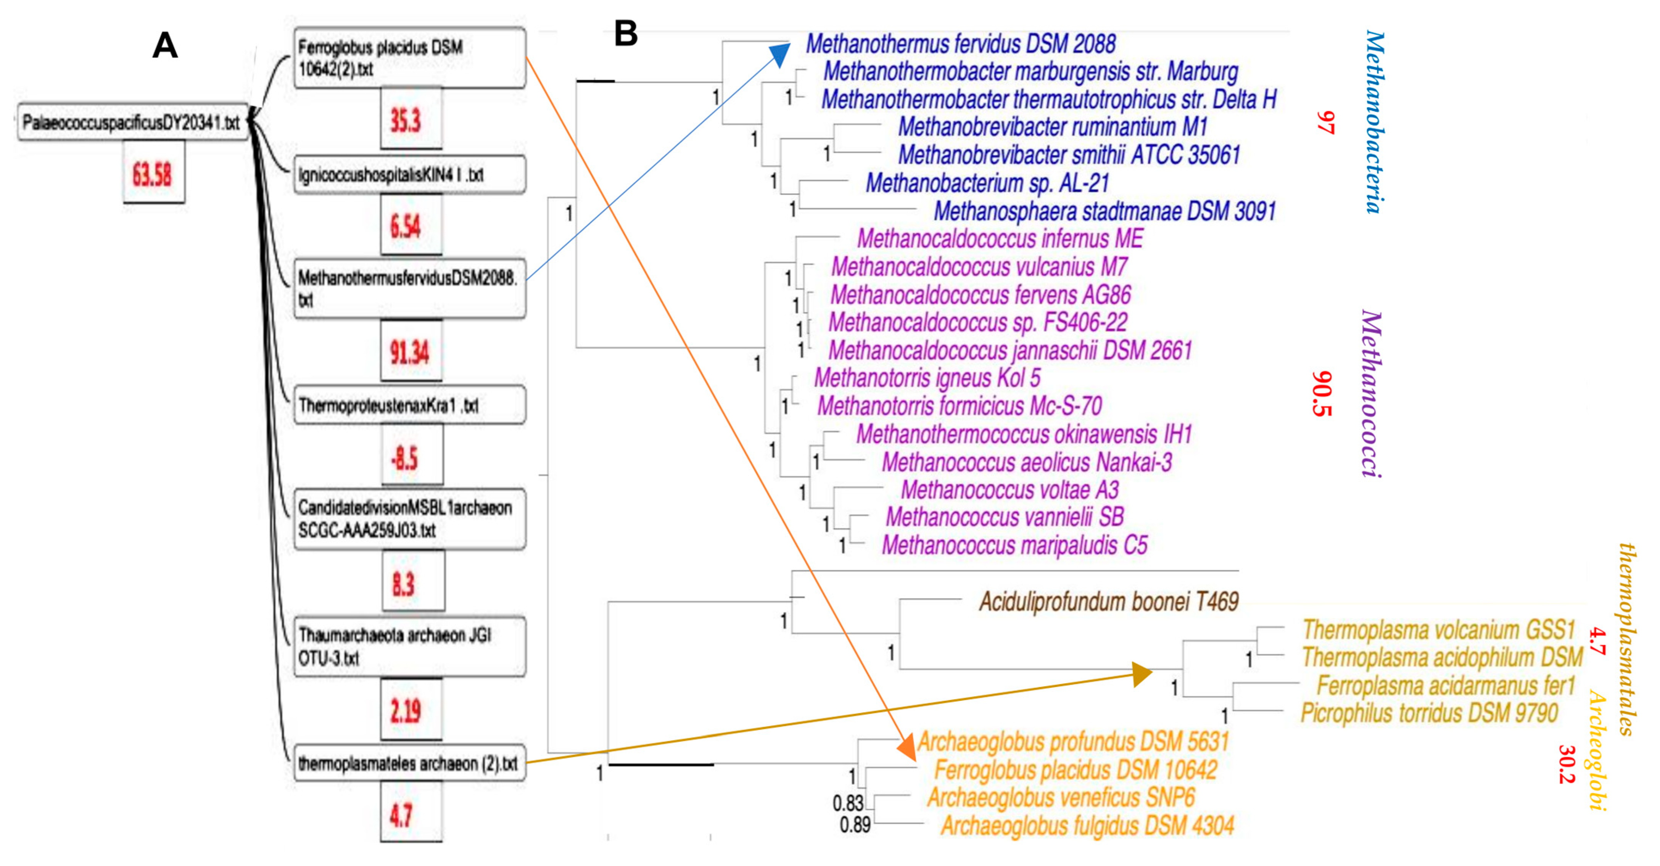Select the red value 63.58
pyautogui.click(x=153, y=174)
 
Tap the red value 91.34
pyautogui.click(x=410, y=352)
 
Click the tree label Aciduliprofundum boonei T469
pyautogui.click(x=1108, y=602)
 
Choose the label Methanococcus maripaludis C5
pyautogui.click(x=1014, y=546)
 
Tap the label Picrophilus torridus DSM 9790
pyautogui.click(x=1429, y=713)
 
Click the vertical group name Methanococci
pyautogui.click(x=1371, y=393)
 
